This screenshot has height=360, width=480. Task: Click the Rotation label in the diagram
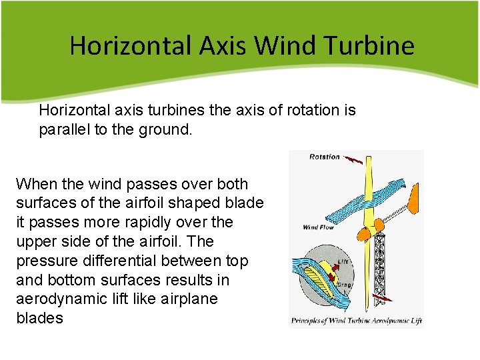324,157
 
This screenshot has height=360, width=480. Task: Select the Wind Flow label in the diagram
318,227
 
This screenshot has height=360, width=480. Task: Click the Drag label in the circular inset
345,285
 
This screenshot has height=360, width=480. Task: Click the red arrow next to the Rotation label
355,159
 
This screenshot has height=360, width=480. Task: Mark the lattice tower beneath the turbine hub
381,267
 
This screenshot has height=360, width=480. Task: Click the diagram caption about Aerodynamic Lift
357,321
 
